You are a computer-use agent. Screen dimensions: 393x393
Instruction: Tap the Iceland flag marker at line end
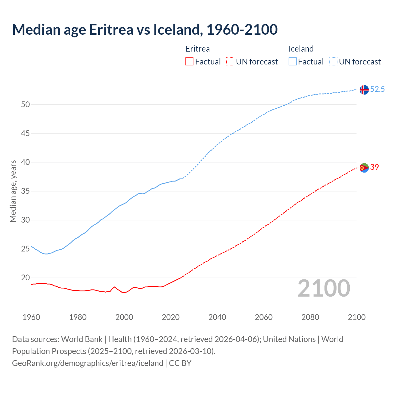(x=364, y=90)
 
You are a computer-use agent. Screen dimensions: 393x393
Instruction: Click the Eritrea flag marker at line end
(x=364, y=168)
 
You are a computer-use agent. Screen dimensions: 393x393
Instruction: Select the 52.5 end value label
(x=377, y=89)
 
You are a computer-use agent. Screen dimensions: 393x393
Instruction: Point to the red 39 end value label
(x=375, y=167)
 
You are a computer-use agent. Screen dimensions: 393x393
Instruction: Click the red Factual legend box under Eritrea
(x=189, y=61)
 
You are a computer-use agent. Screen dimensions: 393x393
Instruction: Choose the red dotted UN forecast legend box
(x=230, y=61)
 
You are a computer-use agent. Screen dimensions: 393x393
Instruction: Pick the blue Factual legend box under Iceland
(x=292, y=61)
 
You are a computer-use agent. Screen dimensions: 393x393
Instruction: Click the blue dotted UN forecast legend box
(x=333, y=61)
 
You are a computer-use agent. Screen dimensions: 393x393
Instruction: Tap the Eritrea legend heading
(x=198, y=49)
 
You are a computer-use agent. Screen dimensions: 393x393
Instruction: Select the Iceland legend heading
(x=301, y=49)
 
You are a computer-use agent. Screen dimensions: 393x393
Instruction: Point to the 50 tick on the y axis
(x=25, y=104)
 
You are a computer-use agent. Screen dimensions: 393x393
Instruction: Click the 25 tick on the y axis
(x=25, y=249)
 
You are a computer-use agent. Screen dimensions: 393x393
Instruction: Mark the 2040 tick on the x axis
(x=217, y=317)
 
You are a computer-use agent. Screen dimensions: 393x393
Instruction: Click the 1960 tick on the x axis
(x=31, y=317)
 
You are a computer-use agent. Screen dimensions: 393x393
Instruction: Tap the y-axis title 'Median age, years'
(x=13, y=191)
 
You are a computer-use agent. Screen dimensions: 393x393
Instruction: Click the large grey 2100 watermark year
(x=324, y=288)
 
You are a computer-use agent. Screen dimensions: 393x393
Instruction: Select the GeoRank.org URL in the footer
(x=88, y=363)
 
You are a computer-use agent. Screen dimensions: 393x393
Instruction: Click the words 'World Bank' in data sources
(x=82, y=339)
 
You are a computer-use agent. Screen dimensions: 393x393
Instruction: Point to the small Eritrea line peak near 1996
(x=115, y=287)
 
